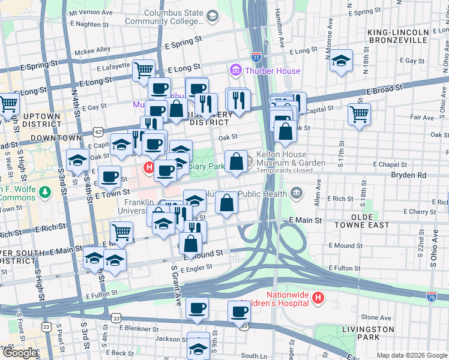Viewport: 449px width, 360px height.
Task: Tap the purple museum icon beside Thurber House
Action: point(235,71)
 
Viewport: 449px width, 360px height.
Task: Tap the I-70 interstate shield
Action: point(431,296)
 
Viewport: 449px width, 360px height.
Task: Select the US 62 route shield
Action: point(98,130)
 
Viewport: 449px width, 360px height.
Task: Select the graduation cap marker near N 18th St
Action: point(341,60)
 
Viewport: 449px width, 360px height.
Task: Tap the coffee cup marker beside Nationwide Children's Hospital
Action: point(239,311)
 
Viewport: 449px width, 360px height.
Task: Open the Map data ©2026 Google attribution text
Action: point(411,355)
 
